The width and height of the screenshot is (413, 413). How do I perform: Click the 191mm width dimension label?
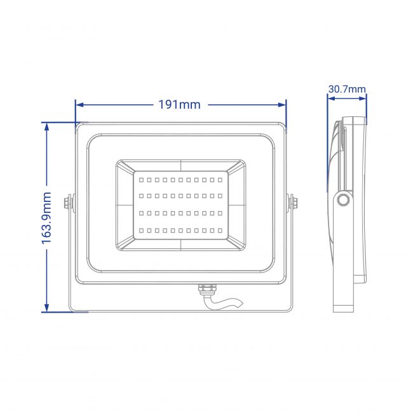[x=179, y=105]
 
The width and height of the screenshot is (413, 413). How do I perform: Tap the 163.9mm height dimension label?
[x=46, y=217]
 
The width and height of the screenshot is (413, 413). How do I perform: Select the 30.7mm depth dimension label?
[x=347, y=90]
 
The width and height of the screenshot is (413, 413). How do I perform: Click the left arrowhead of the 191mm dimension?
[x=79, y=105]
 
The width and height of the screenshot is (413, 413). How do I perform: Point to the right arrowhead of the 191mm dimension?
[x=282, y=105]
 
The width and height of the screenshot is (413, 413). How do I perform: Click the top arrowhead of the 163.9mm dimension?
[x=46, y=126]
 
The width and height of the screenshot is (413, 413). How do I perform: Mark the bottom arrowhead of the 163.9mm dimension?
[x=46, y=308]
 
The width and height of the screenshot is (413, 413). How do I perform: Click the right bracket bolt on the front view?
[x=292, y=203]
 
